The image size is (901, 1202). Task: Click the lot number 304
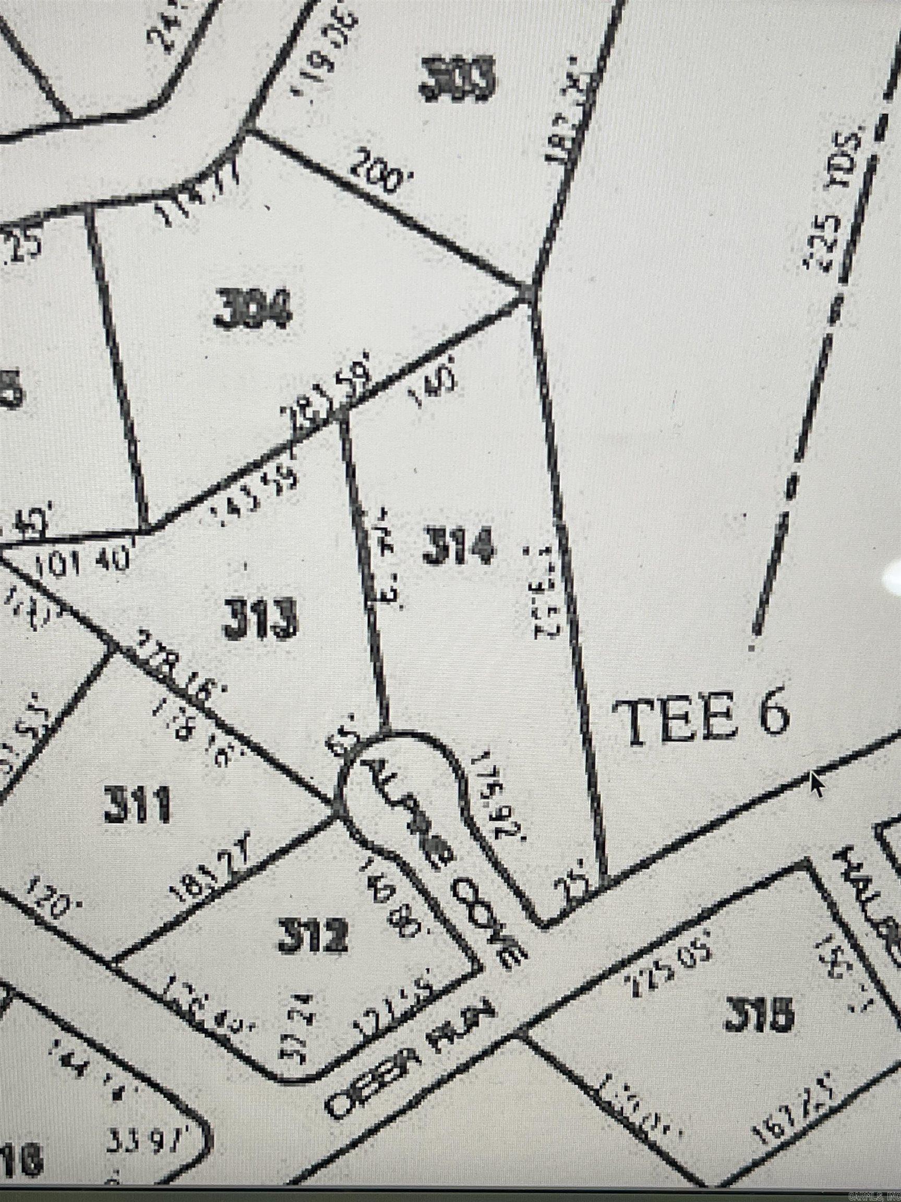click(253, 308)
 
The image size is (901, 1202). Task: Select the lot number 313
click(260, 618)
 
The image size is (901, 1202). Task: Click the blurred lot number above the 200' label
click(458, 80)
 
